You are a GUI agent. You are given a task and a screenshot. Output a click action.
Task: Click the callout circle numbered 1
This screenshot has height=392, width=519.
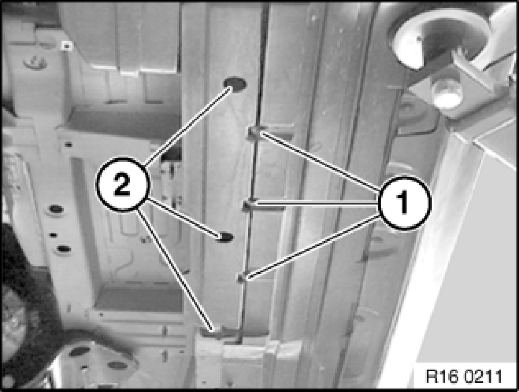(x=404, y=202)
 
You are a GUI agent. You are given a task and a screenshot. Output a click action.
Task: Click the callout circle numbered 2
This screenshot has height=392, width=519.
(x=122, y=184)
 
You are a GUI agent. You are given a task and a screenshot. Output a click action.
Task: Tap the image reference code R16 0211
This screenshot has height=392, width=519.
(x=463, y=377)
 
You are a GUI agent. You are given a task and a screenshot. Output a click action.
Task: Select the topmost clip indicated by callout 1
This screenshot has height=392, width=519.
(x=256, y=133)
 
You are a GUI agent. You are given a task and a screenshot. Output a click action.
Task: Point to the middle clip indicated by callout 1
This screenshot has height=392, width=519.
(x=250, y=206)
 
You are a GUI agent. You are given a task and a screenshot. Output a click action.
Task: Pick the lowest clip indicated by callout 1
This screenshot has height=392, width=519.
(x=243, y=277)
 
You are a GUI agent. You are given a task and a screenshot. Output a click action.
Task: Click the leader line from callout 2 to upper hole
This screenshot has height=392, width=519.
(x=188, y=126)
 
